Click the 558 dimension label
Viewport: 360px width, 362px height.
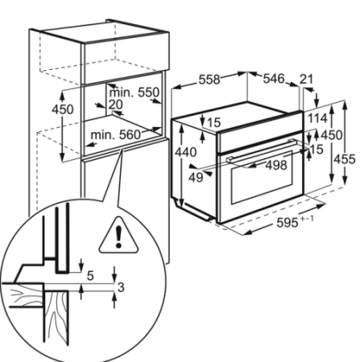tap(209, 80)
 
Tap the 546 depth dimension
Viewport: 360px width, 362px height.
tap(274, 79)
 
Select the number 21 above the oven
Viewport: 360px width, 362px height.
tap(306, 80)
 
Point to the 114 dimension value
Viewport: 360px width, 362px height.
tap(317, 118)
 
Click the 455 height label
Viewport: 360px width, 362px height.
tap(345, 159)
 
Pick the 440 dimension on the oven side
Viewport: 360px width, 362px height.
tap(185, 153)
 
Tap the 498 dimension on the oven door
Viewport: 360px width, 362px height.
tap(276, 165)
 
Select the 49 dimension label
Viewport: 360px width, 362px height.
tap(196, 178)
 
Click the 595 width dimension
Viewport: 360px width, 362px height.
tap(288, 223)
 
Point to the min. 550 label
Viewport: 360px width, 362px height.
tap(134, 93)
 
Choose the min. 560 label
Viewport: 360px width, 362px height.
tap(116, 134)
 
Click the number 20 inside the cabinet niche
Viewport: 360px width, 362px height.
tap(116, 105)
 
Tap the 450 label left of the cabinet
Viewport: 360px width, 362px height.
tap(63, 109)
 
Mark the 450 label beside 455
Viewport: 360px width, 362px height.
tap(332, 135)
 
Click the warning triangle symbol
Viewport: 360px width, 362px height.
tap(118, 235)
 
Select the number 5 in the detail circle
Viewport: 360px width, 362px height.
tap(90, 276)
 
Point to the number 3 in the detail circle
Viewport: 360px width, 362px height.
tap(121, 287)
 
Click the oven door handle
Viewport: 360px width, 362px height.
tap(261, 150)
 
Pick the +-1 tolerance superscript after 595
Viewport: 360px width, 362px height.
tap(307, 219)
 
